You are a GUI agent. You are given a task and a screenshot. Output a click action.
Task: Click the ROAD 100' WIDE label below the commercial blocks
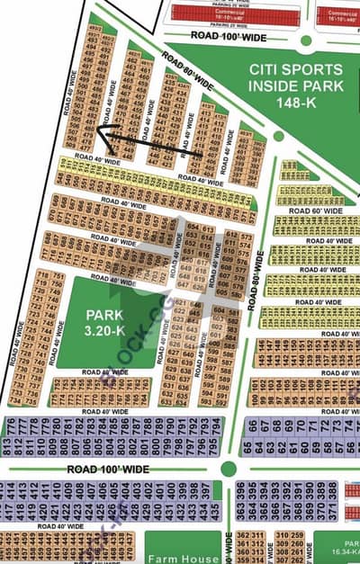(x=229, y=34)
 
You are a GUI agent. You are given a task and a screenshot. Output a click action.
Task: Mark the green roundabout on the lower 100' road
(x=229, y=468)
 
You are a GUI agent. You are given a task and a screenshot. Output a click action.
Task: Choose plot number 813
(x=7, y=443)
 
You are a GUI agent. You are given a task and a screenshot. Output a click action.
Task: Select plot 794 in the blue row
(x=215, y=443)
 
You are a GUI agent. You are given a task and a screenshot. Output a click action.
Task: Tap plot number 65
(x=247, y=445)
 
